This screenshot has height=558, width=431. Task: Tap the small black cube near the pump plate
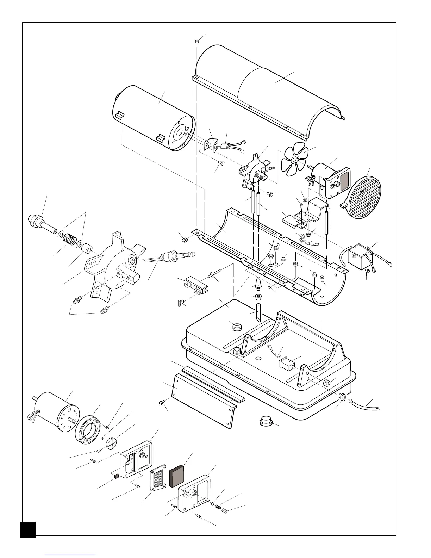(115, 477)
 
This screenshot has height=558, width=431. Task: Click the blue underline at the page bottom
(70, 555)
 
